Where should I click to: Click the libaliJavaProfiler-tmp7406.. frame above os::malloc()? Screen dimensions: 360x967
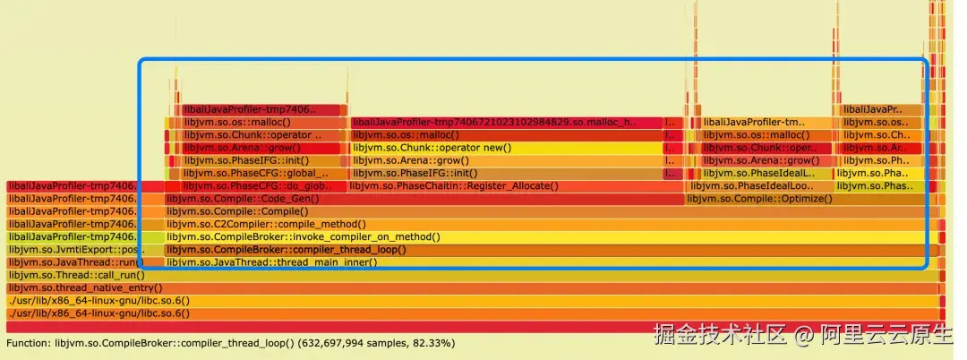click(x=260, y=110)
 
